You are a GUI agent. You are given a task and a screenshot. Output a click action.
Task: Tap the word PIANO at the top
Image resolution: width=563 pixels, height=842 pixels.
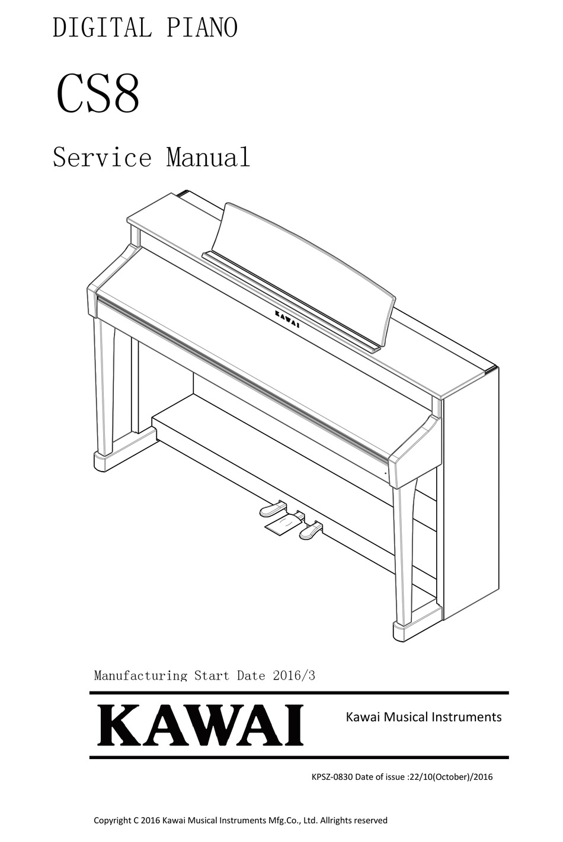coord(201,27)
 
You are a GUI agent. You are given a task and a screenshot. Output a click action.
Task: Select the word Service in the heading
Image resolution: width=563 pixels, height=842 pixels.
coord(102,157)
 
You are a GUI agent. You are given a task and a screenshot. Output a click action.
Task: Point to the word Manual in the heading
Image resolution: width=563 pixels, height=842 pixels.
coord(208,157)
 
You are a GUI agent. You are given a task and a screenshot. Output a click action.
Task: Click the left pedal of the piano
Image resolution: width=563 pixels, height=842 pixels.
coord(271,508)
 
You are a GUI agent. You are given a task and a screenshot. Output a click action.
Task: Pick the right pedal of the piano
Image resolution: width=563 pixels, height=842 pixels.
coord(311,530)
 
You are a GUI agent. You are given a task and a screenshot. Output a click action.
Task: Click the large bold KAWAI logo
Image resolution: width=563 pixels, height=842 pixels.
coord(200,725)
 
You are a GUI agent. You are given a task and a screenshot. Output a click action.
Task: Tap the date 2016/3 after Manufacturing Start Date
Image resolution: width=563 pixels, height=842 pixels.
coord(294,675)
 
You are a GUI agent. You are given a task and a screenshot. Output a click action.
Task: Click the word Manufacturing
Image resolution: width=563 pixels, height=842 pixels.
coord(140,676)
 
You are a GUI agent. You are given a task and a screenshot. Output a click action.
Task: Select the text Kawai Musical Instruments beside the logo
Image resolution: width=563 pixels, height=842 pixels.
coord(424,717)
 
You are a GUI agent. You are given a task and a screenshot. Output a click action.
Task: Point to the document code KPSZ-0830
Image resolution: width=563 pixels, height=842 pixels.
coord(332,777)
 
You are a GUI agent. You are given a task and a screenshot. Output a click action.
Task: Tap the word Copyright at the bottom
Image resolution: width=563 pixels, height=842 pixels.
coord(111,820)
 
